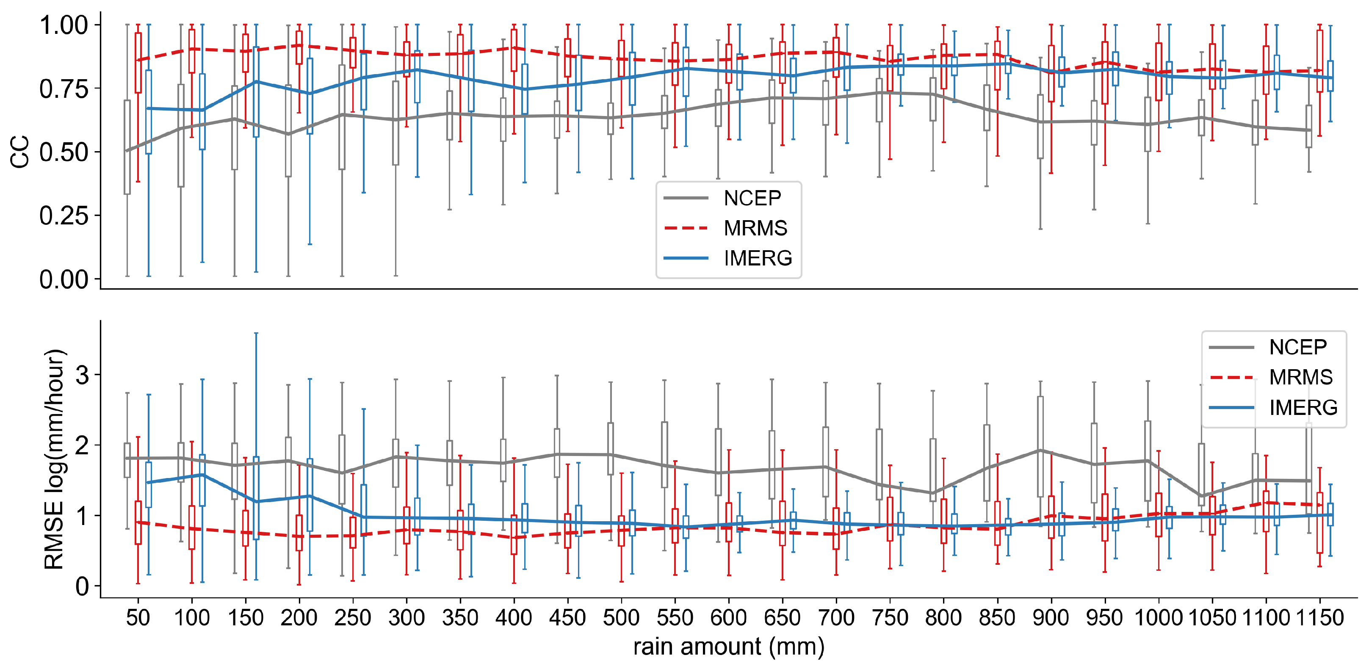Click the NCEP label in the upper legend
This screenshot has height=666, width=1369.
coord(752,198)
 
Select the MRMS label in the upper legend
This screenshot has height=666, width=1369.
coord(755,228)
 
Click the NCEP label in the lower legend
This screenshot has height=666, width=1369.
coord(1298,347)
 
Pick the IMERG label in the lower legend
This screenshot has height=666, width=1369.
coord(1303,408)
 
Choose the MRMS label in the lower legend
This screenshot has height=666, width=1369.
coord(1300,377)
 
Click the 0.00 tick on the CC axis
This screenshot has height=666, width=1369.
coord(64,279)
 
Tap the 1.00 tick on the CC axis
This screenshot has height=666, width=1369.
coord(64,25)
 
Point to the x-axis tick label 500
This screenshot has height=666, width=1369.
coord(621,618)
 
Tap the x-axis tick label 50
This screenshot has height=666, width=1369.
coord(138,618)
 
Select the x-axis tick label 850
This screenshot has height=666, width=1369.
coord(997,618)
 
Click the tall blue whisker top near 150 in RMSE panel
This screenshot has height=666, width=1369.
coord(256,333)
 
